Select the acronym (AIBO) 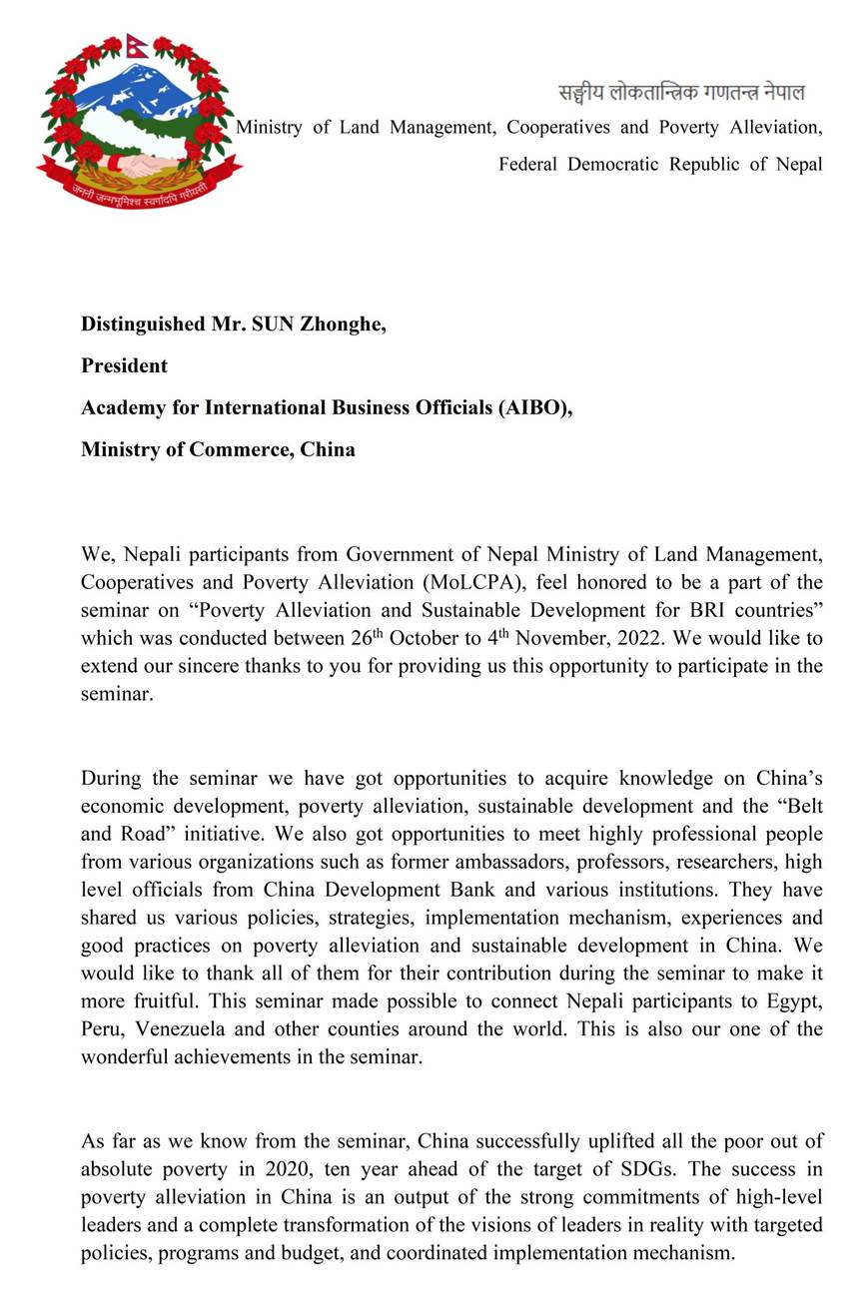[x=534, y=407]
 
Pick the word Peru [x=101, y=1028]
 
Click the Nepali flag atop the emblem [x=137, y=44]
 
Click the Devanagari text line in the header [x=681, y=93]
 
